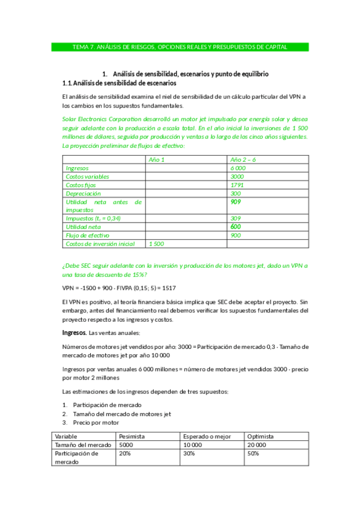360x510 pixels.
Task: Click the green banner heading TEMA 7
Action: [180, 46]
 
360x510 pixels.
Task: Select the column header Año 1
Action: [156, 159]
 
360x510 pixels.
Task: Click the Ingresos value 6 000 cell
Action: [238, 168]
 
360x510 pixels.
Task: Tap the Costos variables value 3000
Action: [237, 177]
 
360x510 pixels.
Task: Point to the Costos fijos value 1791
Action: [237, 185]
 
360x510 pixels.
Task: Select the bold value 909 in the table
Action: [236, 202]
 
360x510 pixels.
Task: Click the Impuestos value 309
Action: [236, 218]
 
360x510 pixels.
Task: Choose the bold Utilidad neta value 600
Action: [236, 227]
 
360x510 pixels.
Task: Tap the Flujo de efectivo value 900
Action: [236, 235]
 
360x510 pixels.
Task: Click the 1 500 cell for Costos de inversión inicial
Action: [156, 244]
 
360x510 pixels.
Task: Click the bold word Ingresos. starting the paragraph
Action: [75, 333]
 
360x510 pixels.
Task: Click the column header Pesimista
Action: [133, 436]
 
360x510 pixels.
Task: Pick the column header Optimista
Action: [260, 436]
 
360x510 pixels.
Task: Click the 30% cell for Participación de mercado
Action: [189, 453]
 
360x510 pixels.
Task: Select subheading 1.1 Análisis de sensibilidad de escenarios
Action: [119, 82]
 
